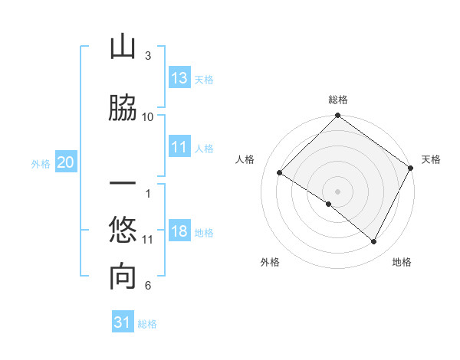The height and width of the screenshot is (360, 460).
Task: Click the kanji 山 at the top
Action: pos(123,48)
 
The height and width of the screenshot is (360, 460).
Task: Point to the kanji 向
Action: pos(123,276)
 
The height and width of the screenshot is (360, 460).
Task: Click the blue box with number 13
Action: pos(179,78)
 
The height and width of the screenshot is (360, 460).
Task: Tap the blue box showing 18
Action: pos(179,232)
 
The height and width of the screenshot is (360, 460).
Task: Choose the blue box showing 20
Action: pos(66,162)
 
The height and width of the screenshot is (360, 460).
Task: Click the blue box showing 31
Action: pos(123,322)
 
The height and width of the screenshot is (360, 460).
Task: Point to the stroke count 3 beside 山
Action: pos(148,56)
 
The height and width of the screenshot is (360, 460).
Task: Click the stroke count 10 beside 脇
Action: pos(148,116)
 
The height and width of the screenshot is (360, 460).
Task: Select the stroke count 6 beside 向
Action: pos(148,286)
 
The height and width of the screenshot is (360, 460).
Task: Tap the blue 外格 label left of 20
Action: pos(41,163)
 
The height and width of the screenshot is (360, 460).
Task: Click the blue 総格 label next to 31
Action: pos(147,324)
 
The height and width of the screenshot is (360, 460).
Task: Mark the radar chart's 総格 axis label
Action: pos(338,100)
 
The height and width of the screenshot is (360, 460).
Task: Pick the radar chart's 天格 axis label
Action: pos(431,159)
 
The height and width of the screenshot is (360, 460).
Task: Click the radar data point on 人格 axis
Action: pos(280,172)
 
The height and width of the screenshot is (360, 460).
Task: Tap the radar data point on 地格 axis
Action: pos(374,242)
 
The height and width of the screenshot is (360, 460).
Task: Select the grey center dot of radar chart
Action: pos(337,191)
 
